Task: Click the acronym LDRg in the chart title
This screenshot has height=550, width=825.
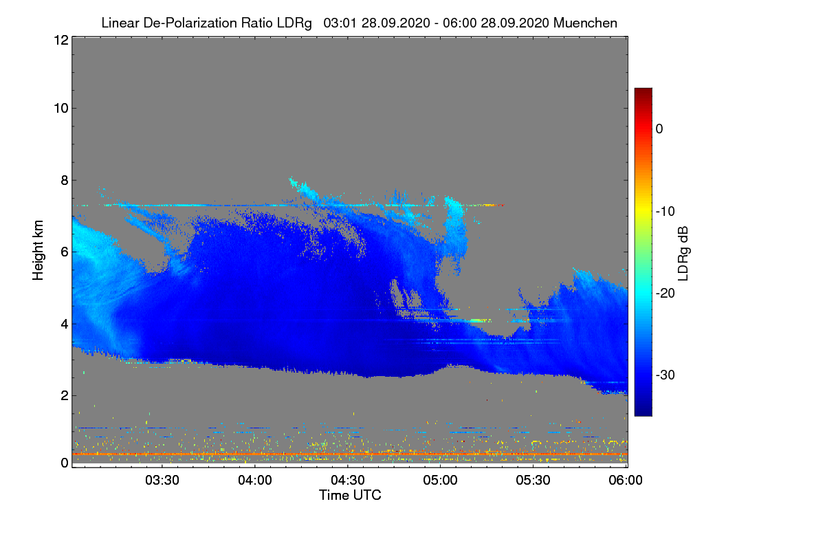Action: pyautogui.click(x=296, y=23)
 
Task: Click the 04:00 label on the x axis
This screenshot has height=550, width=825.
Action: pyautogui.click(x=256, y=481)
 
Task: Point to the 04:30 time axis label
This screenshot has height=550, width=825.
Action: pyautogui.click(x=349, y=481)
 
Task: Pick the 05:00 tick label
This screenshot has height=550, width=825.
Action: pyautogui.click(x=441, y=481)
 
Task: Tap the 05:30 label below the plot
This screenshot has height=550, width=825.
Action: pyautogui.click(x=534, y=481)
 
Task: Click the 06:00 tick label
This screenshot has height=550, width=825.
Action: pyautogui.click(x=626, y=481)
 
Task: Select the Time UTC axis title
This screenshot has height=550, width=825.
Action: pyautogui.click(x=350, y=495)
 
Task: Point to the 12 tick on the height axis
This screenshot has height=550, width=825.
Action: pyautogui.click(x=60, y=40)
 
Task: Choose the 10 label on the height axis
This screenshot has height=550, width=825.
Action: pyautogui.click(x=60, y=108)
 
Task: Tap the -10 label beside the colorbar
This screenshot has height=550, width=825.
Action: pyautogui.click(x=665, y=211)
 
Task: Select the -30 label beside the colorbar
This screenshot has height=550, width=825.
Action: pyautogui.click(x=665, y=375)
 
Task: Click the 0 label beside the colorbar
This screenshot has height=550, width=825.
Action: pyautogui.click(x=659, y=129)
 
